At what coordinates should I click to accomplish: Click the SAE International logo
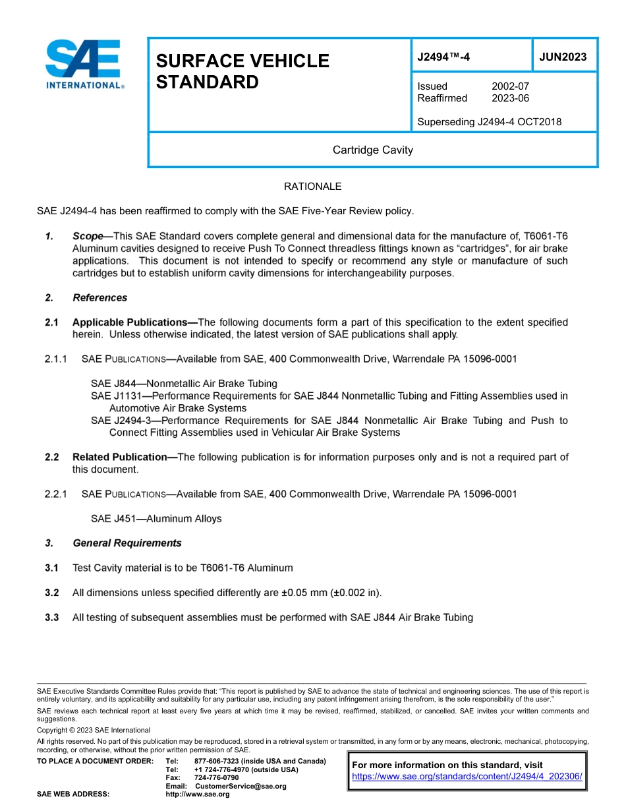(84, 64)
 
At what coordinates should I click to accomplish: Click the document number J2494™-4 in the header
(443, 57)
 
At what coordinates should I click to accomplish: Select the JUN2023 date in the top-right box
(563, 57)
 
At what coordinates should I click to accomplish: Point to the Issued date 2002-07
(509, 86)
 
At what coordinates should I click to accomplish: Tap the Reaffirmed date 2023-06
(509, 98)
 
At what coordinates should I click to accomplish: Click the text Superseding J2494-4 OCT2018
(489, 122)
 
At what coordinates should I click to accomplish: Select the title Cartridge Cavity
(372, 150)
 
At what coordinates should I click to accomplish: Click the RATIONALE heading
(312, 187)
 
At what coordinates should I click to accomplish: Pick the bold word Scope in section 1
(88, 236)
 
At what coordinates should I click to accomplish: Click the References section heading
(100, 298)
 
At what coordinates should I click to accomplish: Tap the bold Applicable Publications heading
(130, 322)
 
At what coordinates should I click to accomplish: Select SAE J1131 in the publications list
(113, 396)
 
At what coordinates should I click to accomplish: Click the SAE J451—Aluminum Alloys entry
(156, 519)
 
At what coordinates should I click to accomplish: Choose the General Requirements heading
(127, 543)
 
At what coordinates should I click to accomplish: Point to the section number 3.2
(52, 593)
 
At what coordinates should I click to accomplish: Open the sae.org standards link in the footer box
(467, 777)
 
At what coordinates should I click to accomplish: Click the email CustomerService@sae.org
(241, 786)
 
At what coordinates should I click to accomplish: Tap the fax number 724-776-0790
(216, 778)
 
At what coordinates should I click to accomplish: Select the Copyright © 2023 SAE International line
(94, 730)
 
